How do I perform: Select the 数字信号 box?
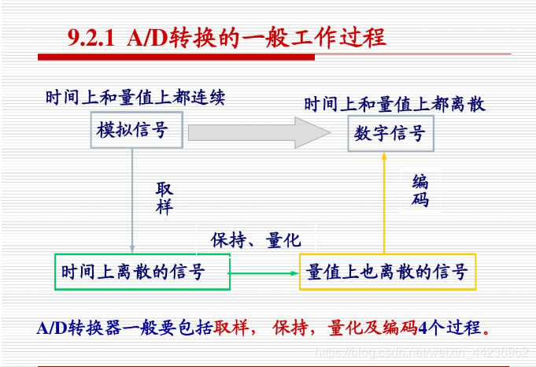(x=390, y=133)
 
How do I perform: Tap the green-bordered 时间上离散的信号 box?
(x=142, y=272)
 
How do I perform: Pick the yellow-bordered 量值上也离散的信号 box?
(x=387, y=272)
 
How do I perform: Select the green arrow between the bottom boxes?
(x=264, y=272)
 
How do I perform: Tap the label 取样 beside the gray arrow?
(x=164, y=198)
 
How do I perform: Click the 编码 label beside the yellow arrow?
(x=420, y=190)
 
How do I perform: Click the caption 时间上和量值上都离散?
(x=394, y=103)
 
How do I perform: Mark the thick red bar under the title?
(x=176, y=57)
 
